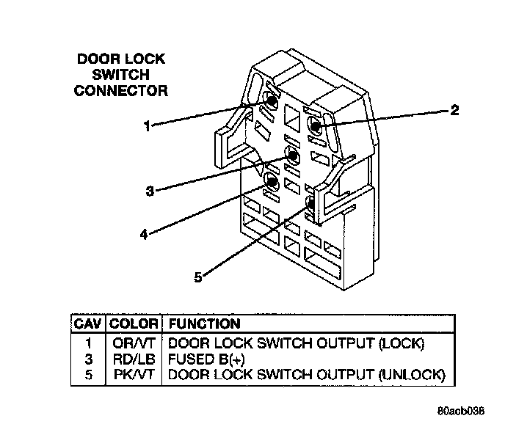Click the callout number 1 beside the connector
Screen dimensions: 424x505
147,126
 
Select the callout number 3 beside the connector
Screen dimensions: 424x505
150,191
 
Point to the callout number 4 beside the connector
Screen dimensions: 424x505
144,235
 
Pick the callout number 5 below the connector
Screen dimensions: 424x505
197,277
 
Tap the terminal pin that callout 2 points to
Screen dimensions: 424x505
316,126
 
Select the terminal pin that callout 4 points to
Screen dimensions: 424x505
272,182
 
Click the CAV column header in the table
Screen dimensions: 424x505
88,324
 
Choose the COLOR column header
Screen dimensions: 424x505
134,324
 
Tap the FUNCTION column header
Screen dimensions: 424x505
204,324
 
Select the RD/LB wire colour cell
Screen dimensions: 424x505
134,359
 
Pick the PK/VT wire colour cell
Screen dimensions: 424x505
134,375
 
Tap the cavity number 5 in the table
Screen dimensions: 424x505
88,375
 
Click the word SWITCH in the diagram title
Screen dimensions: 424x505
122,75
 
